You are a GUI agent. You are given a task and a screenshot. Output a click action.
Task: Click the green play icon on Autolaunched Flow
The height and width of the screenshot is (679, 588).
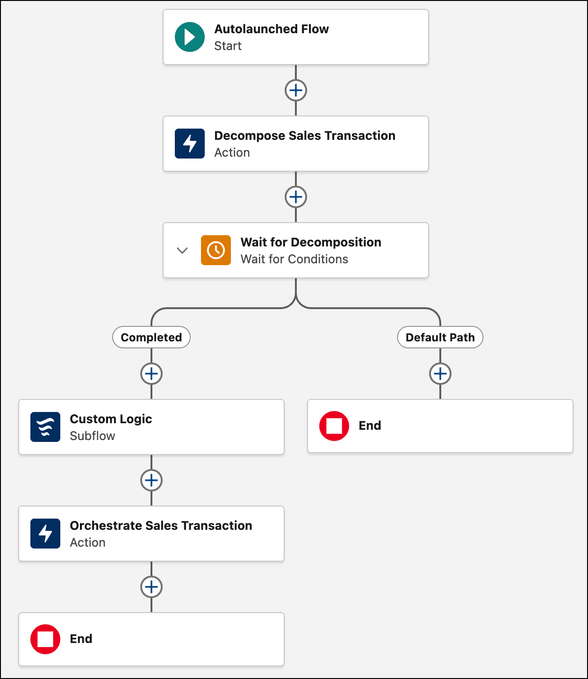click(x=189, y=37)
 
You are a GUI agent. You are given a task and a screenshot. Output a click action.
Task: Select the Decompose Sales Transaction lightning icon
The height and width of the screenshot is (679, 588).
click(x=189, y=144)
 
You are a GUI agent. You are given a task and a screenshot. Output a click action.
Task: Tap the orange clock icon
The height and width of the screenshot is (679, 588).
click(x=215, y=250)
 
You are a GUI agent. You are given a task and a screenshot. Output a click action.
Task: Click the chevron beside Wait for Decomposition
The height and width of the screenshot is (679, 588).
click(x=182, y=250)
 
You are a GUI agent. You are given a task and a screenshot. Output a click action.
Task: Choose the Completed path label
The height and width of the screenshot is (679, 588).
click(x=151, y=337)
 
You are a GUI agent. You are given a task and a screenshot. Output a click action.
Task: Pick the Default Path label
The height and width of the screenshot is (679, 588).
click(x=440, y=337)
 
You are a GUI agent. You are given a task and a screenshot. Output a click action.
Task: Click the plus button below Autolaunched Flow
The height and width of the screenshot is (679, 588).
click(x=296, y=90)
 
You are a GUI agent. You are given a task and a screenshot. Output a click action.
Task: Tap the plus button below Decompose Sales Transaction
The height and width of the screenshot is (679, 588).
click(x=296, y=197)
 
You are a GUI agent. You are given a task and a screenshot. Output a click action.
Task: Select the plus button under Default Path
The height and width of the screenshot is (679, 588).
click(x=440, y=374)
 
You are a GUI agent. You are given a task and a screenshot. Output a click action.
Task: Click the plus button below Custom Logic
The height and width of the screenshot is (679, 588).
click(x=151, y=480)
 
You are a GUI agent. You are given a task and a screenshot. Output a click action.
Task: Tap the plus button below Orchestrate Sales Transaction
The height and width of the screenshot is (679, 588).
click(x=151, y=587)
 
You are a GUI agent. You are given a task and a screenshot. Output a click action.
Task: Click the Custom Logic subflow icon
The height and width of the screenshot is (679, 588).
click(x=45, y=427)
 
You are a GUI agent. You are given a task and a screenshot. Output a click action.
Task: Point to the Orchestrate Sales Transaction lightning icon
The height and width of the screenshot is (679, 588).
click(x=45, y=534)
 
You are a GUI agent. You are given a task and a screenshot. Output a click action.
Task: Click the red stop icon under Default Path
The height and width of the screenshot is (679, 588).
click(x=334, y=426)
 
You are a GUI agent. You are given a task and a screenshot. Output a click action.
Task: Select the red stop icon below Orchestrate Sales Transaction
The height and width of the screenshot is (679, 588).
click(x=45, y=639)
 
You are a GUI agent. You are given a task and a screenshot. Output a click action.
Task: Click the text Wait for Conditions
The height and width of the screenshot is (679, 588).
click(x=294, y=259)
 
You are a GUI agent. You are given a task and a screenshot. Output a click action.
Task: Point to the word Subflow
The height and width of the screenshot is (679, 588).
click(x=92, y=436)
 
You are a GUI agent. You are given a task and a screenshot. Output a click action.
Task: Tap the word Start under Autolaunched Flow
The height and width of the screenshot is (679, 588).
click(x=228, y=46)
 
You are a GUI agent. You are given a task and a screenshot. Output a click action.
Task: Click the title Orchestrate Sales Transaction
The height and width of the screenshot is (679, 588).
click(x=161, y=526)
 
